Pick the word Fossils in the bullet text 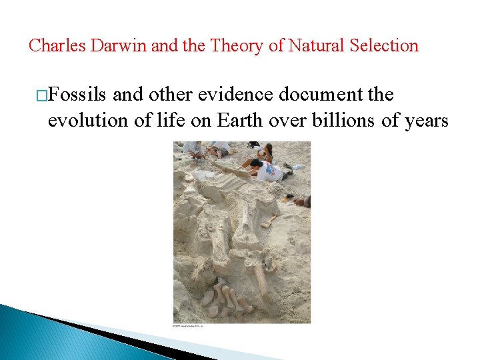click(x=78, y=95)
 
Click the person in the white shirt click(x=269, y=171)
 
